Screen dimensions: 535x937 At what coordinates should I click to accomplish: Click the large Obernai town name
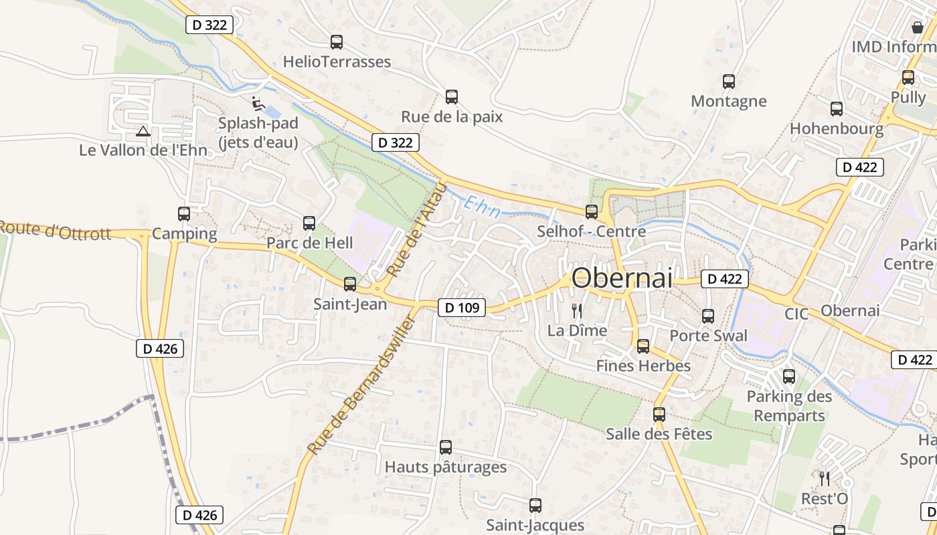[x=622, y=278]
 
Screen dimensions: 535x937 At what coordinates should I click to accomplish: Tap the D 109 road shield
[x=462, y=308]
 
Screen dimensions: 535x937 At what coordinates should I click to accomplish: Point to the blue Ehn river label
[x=483, y=207]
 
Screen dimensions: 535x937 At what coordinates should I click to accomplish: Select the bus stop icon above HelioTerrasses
[x=337, y=42]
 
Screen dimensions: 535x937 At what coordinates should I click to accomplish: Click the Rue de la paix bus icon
[x=452, y=97]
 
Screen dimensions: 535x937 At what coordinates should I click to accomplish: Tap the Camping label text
[x=185, y=234]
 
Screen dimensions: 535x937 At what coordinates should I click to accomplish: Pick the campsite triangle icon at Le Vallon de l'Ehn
[x=142, y=131]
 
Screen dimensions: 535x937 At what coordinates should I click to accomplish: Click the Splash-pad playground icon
[x=258, y=104]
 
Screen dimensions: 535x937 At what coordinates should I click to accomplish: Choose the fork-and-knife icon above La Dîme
[x=577, y=310]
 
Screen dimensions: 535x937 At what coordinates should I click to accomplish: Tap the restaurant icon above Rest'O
[x=825, y=478]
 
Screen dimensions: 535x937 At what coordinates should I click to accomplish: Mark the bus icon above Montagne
[x=729, y=82]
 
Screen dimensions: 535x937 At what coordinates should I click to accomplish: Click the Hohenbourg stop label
[x=836, y=128]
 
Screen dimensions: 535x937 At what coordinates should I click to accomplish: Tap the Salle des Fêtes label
[x=659, y=434]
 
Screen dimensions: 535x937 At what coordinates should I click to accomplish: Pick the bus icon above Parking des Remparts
[x=789, y=377]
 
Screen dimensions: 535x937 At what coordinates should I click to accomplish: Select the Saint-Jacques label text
[x=535, y=525]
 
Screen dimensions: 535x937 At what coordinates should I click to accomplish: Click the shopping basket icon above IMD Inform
[x=917, y=27]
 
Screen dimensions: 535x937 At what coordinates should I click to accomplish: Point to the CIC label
[x=796, y=314]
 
